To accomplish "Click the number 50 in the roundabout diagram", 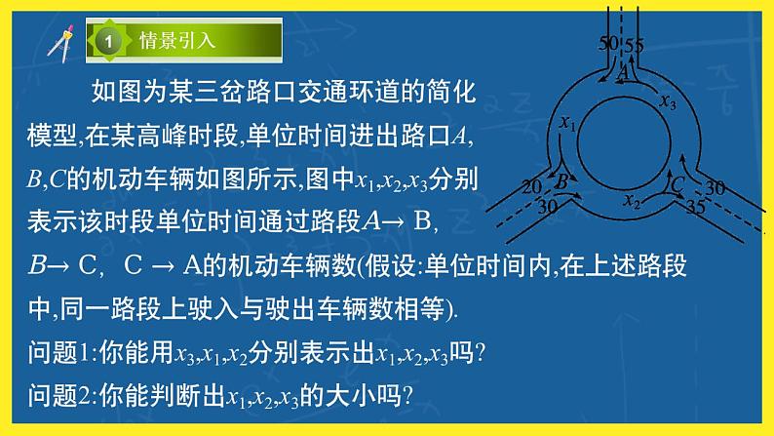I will (x=607, y=44).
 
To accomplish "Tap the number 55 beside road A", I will (x=635, y=45).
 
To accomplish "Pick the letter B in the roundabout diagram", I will (x=562, y=180).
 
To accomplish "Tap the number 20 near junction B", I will (x=532, y=185).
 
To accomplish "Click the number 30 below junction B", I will (x=547, y=208).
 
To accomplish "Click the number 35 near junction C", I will (x=695, y=207).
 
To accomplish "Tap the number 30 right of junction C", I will (x=715, y=187).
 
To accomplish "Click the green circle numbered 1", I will (x=109, y=42).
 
